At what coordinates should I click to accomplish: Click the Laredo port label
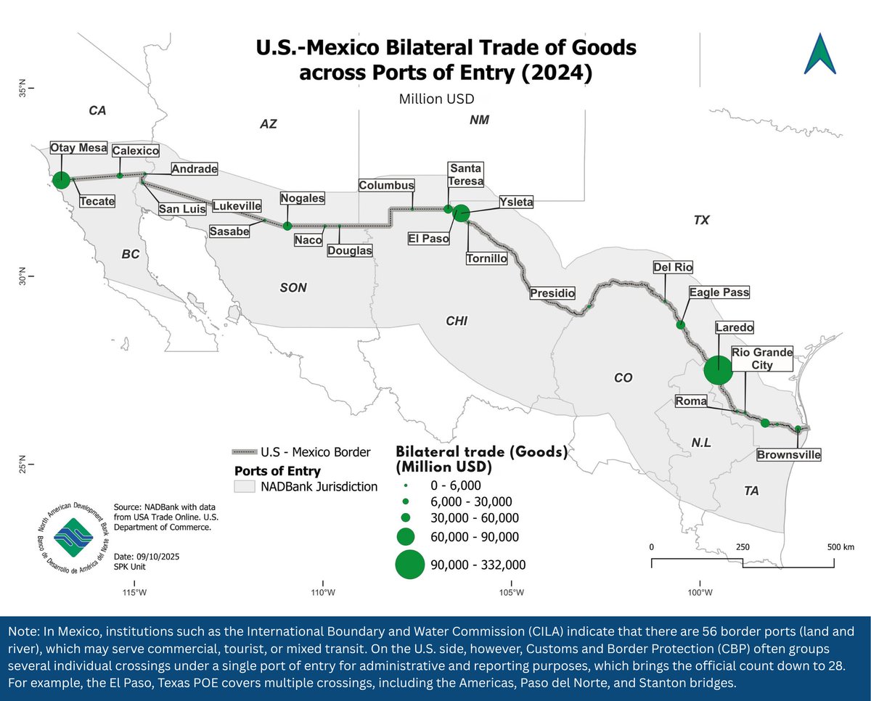[x=735, y=327]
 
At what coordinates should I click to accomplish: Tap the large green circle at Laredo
[x=718, y=370]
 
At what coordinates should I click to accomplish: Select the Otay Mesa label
[x=78, y=148]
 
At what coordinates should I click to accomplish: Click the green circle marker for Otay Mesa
[x=62, y=179]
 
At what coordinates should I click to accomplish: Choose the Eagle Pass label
[x=719, y=292]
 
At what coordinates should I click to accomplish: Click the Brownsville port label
[x=788, y=455]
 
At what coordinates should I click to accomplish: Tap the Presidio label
[x=552, y=294]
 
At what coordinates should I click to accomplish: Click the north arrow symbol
[x=819, y=54]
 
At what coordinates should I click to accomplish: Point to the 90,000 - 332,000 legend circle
[x=409, y=564]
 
